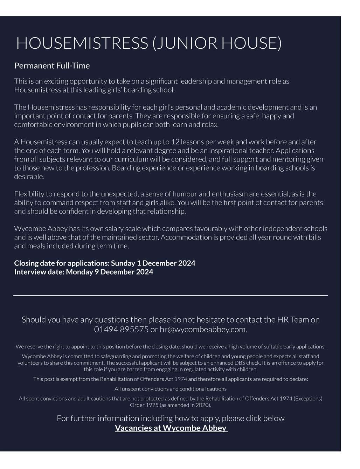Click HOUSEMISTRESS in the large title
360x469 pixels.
[x=82, y=43]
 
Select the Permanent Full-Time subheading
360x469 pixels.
[x=52, y=65]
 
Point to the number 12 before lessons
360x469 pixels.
[x=175, y=142]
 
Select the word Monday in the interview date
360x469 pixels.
[x=79, y=272]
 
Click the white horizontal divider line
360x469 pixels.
[x=171, y=296]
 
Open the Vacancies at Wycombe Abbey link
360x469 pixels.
[x=171, y=428]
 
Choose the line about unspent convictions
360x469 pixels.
[x=171, y=389]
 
